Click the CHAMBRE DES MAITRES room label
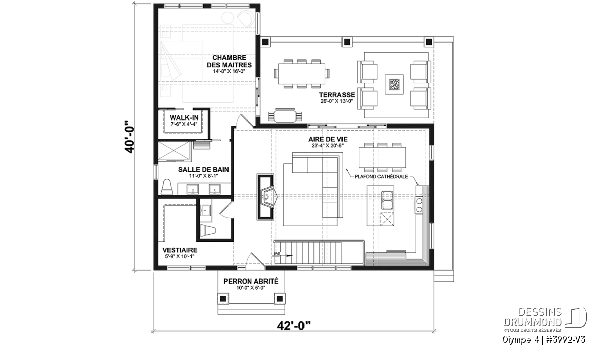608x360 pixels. click(x=229, y=61)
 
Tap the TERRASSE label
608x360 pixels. click(x=337, y=95)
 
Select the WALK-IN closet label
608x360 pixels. click(x=184, y=118)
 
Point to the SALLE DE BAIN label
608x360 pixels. click(x=203, y=169)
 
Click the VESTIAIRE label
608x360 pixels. click(x=180, y=250)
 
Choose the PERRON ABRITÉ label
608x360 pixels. click(x=251, y=282)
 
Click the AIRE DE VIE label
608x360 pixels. click(x=328, y=139)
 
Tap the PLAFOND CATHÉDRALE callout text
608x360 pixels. click(x=381, y=177)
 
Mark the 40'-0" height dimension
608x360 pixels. click(x=129, y=137)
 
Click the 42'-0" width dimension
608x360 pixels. click(x=294, y=326)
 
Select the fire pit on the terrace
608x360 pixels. click(x=394, y=85)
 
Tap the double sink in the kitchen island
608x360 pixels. click(x=387, y=200)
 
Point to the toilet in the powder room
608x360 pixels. click(x=208, y=231)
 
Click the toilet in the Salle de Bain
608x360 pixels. click(x=167, y=187)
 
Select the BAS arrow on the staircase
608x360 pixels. click(x=283, y=255)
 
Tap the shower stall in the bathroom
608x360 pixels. click(x=174, y=151)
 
